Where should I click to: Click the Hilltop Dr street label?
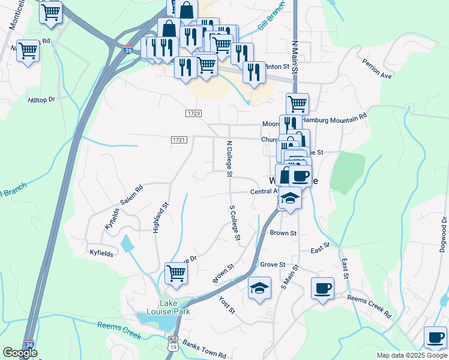click(x=41, y=100)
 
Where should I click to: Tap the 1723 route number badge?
click(x=193, y=113)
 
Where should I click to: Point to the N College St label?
click(x=229, y=159)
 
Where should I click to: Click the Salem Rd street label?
click(x=131, y=195)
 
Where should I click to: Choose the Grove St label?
click(x=273, y=264)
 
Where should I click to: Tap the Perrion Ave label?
click(x=377, y=68)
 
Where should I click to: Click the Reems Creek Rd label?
click(x=369, y=306)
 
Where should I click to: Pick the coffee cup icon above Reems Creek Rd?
click(x=322, y=287)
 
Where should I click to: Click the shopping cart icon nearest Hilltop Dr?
click(x=28, y=50)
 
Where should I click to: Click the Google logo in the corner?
click(x=20, y=353)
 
